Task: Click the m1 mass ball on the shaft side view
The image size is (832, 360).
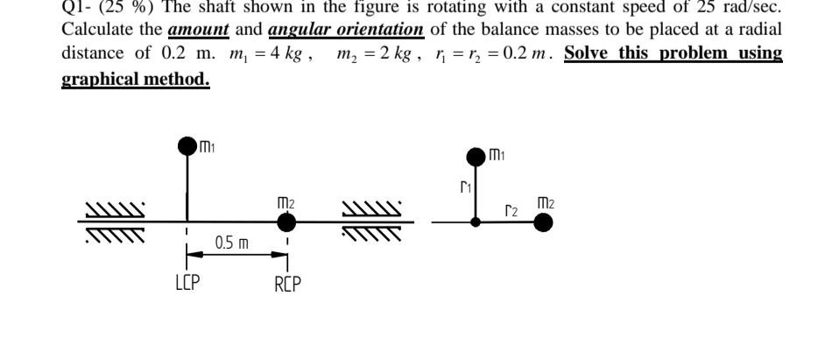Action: pyautogui.click(x=187, y=145)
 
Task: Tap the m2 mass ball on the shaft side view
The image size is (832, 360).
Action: pyautogui.click(x=286, y=222)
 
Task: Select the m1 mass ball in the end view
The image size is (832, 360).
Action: pyautogui.click(x=476, y=158)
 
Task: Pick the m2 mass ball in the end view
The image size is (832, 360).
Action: pyautogui.click(x=543, y=222)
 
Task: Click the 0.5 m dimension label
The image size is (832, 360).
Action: pyautogui.click(x=232, y=243)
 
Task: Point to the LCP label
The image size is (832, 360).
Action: pyautogui.click(x=187, y=285)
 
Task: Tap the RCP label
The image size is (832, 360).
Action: pyautogui.click(x=287, y=285)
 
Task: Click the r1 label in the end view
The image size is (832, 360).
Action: pyautogui.click(x=465, y=187)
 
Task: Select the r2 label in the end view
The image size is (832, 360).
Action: pyautogui.click(x=512, y=209)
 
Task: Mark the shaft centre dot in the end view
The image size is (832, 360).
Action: pyautogui.click(x=476, y=222)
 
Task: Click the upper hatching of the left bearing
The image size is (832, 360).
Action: pyautogui.click(x=114, y=210)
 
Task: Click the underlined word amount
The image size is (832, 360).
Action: pyautogui.click(x=199, y=29)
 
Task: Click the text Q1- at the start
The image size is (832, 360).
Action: pyautogui.click(x=76, y=5)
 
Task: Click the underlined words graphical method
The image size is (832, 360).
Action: pyautogui.click(x=136, y=79)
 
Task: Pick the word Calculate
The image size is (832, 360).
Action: pyautogui.click(x=97, y=29)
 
